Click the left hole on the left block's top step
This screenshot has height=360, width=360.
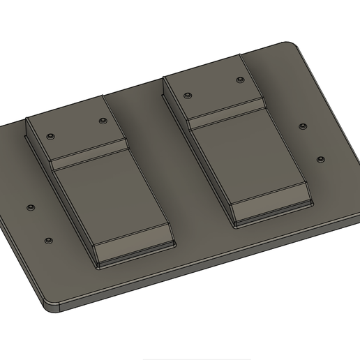click(x=50, y=136)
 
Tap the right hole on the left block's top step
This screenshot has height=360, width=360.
click(x=103, y=121)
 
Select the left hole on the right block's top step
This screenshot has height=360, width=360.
click(x=188, y=96)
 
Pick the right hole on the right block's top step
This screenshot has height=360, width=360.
click(x=240, y=81)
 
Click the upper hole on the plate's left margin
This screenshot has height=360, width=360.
click(x=31, y=208)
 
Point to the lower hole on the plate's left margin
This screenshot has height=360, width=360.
click(x=48, y=240)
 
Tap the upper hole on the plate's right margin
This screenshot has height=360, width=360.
click(x=303, y=126)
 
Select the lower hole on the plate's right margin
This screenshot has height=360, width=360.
click(x=321, y=160)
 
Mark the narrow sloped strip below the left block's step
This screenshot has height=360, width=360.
click(x=91, y=156)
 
